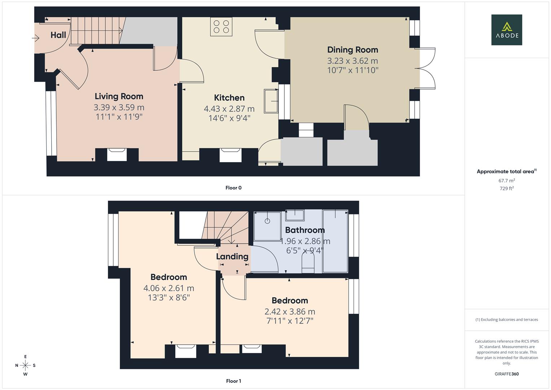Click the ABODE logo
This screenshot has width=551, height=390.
[x=506, y=30]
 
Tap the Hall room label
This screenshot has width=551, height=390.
[x=58, y=35]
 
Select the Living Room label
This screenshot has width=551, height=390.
[x=119, y=96]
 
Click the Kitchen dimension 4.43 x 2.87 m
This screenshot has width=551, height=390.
[x=229, y=109]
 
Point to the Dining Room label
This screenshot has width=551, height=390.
[x=352, y=50]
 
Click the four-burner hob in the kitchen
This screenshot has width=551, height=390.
[x=221, y=27]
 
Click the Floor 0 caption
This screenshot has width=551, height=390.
[x=233, y=188]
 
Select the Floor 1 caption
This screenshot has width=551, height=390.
[x=233, y=381]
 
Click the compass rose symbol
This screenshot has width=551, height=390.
[x=25, y=365]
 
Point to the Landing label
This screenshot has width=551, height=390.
[x=232, y=256]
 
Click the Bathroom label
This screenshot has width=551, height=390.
[x=305, y=230]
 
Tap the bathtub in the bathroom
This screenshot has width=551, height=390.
[x=335, y=241]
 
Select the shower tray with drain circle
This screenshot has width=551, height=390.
[x=267, y=226]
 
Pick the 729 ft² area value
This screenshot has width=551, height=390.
[x=506, y=188]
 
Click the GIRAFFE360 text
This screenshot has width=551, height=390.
[x=506, y=374]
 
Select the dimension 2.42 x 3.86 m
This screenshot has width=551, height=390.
[x=289, y=312]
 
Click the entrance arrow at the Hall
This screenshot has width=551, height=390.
[x=36, y=38]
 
